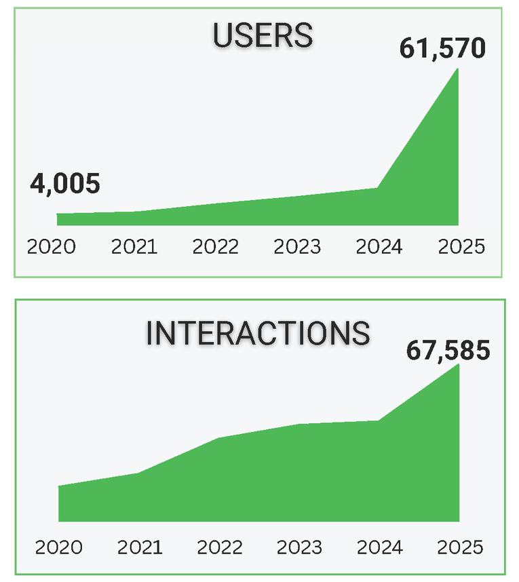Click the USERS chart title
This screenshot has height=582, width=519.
pyautogui.click(x=263, y=36)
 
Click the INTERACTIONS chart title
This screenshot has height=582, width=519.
pyautogui.click(x=258, y=333)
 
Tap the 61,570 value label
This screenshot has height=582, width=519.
pyautogui.click(x=442, y=49)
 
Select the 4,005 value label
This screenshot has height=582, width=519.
pyautogui.click(x=65, y=184)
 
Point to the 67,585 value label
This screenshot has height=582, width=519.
pyautogui.click(x=447, y=351)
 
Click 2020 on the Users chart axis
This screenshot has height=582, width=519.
pyautogui.click(x=52, y=246)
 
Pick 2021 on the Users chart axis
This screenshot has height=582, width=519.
pyautogui.click(x=134, y=246)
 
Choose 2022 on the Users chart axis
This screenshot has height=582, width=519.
pyautogui.click(x=216, y=246)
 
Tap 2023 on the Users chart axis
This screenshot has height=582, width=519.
pyautogui.click(x=297, y=246)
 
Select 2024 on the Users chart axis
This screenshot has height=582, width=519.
pyautogui.click(x=379, y=246)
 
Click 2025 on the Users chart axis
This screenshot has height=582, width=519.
pyautogui.click(x=461, y=246)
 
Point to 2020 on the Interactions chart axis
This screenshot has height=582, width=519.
pyautogui.click(x=58, y=547)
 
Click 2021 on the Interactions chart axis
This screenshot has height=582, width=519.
pyautogui.click(x=139, y=547)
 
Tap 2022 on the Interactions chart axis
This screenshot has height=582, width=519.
pyautogui.click(x=220, y=547)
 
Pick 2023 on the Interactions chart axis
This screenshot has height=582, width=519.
pyautogui.click(x=299, y=547)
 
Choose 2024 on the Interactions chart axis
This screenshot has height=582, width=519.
pyautogui.click(x=379, y=547)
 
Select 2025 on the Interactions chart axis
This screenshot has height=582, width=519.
pyautogui.click(x=459, y=547)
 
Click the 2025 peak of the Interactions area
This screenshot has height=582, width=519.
pyautogui.click(x=458, y=366)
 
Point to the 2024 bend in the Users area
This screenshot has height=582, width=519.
pyautogui.click(x=377, y=188)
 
